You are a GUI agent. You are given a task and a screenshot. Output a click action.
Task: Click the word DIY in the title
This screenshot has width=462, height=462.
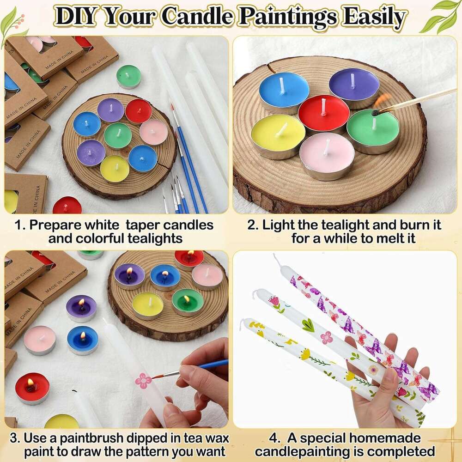75,17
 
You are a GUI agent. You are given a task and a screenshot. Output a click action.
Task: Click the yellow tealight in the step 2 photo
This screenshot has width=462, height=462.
278,134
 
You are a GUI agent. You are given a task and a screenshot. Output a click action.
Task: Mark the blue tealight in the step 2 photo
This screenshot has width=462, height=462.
284,90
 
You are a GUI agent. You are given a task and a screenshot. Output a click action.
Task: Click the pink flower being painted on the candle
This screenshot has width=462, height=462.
143,380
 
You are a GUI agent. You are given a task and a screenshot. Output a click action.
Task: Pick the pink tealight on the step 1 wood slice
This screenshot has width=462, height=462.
153,132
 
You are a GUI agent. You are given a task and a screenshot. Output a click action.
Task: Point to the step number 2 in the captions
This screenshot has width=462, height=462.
251,225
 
